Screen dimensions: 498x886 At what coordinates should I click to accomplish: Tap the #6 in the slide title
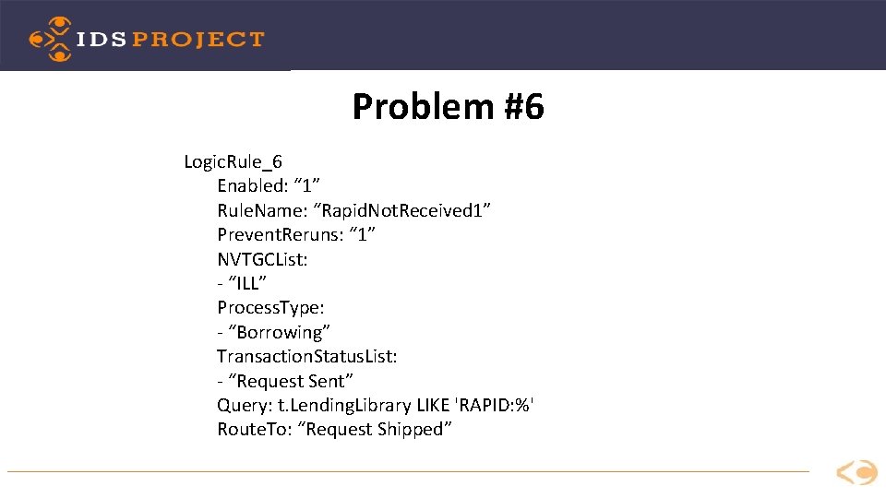pyautogui.click(x=524, y=107)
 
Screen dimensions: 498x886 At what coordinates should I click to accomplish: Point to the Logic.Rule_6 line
pyautogui.click(x=233, y=162)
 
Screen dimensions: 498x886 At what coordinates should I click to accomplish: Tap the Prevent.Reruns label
pyautogui.click(x=281, y=235)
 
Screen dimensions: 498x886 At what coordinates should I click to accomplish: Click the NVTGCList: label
pyautogui.click(x=262, y=259)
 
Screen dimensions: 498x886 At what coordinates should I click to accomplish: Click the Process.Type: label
pyautogui.click(x=270, y=308)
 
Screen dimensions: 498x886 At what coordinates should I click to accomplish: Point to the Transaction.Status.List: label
pyautogui.click(x=307, y=356)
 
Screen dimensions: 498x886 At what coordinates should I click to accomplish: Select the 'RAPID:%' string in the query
pyautogui.click(x=498, y=405)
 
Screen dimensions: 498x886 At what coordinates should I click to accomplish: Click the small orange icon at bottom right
pyautogui.click(x=856, y=472)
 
